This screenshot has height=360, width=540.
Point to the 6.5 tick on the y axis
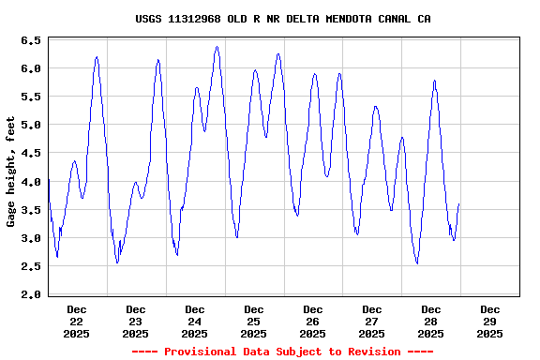point(30,41)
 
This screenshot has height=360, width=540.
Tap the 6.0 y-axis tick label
point(30,69)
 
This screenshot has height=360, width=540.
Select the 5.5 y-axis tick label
point(30,97)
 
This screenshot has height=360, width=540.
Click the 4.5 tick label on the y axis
point(30,154)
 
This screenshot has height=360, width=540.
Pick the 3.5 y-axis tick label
point(30,210)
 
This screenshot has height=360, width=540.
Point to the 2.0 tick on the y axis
point(30,294)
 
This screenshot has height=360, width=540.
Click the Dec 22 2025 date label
point(77,321)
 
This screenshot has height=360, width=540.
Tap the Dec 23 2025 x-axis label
point(136,321)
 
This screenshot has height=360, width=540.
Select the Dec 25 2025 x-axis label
point(253,321)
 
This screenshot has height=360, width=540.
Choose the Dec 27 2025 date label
point(371,321)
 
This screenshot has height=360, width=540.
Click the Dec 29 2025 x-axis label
point(489,321)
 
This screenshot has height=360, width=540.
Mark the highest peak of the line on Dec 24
point(217,47)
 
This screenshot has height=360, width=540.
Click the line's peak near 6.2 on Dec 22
point(97,57)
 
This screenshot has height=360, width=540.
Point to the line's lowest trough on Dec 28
point(417,263)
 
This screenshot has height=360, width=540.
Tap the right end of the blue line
point(458,203)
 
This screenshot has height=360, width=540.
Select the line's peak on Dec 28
point(435,81)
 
